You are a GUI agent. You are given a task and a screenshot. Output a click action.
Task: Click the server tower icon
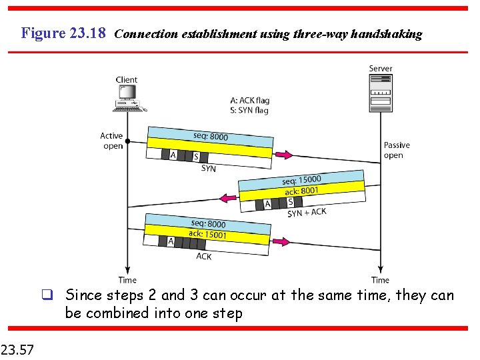pyautogui.click(x=381, y=93)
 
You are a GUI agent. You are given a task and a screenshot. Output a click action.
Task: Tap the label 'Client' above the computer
pyautogui.click(x=127, y=79)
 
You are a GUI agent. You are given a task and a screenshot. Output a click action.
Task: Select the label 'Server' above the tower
pyautogui.click(x=381, y=69)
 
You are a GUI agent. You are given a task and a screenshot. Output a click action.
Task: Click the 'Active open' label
pyautogui.click(x=112, y=141)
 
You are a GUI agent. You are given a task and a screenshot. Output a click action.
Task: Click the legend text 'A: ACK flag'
pyautogui.click(x=249, y=101)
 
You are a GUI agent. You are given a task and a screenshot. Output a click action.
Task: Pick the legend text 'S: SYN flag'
pyautogui.click(x=249, y=110)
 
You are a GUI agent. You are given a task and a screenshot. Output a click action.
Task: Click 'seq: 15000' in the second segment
pyautogui.click(x=301, y=180)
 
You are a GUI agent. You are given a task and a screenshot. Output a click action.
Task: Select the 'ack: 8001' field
pyautogui.click(x=301, y=191)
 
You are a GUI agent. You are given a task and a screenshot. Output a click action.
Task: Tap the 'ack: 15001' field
pyautogui.click(x=207, y=234)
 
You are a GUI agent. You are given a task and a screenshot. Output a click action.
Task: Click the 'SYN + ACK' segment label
pyautogui.click(x=307, y=213)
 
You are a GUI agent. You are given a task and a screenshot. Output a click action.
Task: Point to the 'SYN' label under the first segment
pyautogui.click(x=209, y=169)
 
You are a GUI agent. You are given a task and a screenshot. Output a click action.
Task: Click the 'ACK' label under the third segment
pyautogui.click(x=204, y=256)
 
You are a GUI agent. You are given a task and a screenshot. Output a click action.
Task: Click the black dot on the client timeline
pyautogui.click(x=127, y=141)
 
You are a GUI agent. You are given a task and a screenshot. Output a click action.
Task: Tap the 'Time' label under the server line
pyautogui.click(x=380, y=280)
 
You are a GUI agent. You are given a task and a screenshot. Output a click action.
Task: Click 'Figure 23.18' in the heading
pyautogui.click(x=63, y=33)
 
